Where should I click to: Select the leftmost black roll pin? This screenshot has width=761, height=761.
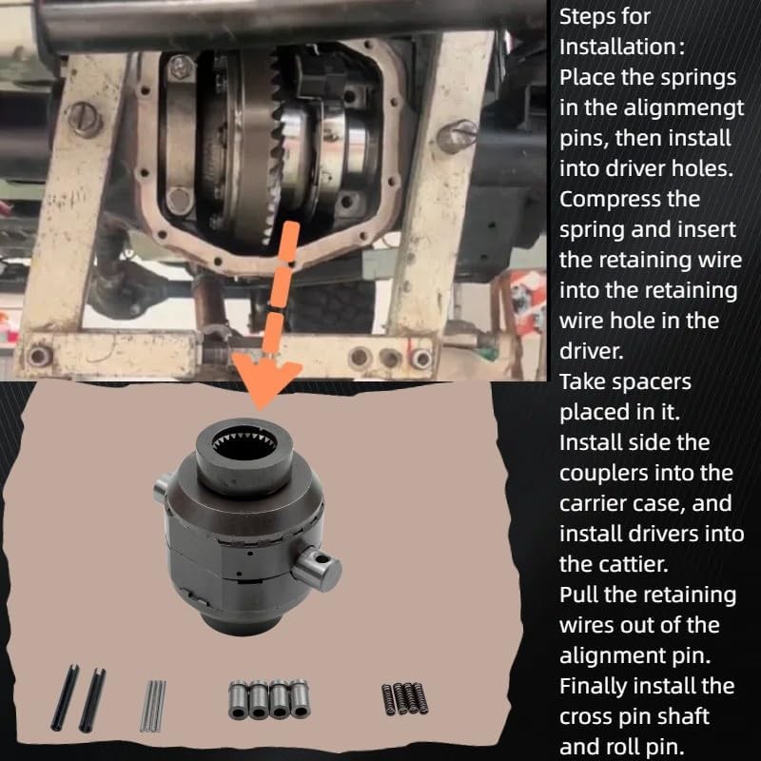pos(65,697)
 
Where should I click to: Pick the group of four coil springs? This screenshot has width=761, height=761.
pos(405,699)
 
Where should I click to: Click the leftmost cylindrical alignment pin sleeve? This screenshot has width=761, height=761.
pos(238,700)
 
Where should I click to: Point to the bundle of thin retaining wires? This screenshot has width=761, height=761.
pos(153,706)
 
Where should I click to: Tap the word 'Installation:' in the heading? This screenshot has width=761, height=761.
pos(622,47)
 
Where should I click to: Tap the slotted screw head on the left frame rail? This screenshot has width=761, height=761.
pos(85,119)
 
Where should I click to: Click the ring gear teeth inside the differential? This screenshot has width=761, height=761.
pos(275,146)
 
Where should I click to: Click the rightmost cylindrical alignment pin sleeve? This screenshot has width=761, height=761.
pos(300,699)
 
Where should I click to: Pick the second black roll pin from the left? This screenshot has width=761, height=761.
pos(92,700)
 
